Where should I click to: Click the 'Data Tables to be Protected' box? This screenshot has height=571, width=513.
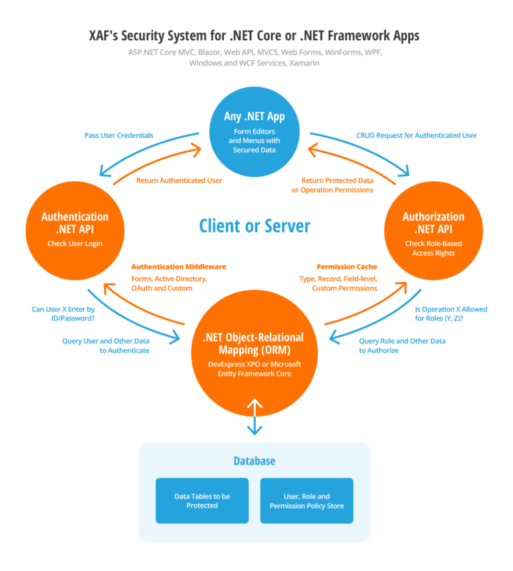point(202,500)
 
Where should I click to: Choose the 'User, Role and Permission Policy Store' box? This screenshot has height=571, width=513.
point(307,500)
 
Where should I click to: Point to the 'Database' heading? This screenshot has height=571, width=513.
point(254,461)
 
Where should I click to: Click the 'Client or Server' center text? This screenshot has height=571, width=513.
point(254,225)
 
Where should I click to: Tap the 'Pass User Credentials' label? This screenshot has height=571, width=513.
point(118,135)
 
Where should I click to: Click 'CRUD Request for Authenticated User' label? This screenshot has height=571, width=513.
point(412,135)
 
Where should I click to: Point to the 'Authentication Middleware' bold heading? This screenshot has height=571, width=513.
point(178,266)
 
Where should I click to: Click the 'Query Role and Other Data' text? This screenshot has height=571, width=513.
point(402,340)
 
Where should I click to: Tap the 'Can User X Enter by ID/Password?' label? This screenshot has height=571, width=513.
point(63,314)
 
